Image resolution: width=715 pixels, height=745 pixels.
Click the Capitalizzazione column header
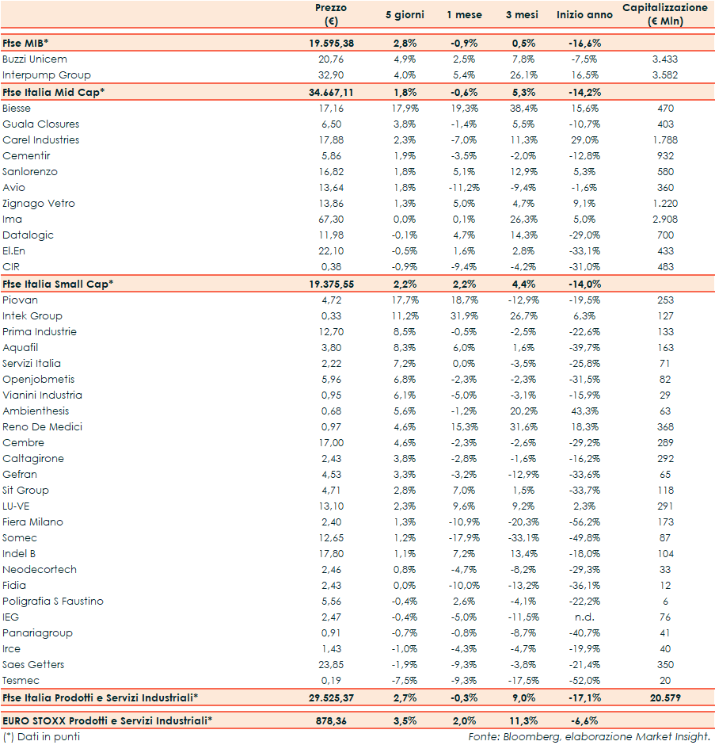665,14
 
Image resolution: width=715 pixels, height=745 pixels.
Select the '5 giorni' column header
405,15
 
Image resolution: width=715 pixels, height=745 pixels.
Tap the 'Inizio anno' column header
584,15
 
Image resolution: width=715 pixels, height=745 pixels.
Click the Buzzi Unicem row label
35,59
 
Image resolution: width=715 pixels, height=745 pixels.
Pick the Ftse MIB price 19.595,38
331,44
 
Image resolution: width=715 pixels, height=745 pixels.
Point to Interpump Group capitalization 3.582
665,75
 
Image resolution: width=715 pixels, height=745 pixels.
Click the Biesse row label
17,108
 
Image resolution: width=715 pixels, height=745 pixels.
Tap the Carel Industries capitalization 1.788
665,140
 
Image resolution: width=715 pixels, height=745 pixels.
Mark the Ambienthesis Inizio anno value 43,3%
585,411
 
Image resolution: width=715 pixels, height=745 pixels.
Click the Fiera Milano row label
32,522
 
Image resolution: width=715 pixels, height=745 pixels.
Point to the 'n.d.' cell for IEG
585,617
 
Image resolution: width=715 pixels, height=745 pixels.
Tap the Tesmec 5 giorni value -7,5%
405,681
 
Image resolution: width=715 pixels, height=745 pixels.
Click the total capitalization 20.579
665,697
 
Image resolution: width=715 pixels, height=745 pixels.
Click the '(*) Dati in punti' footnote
41,737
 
